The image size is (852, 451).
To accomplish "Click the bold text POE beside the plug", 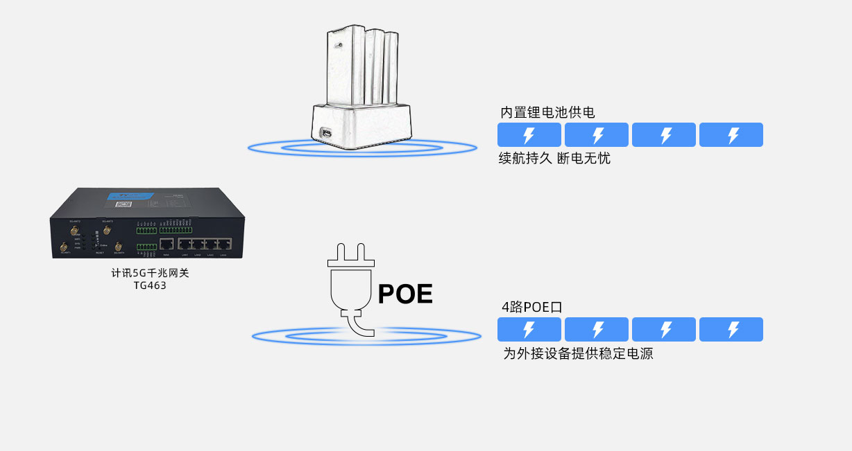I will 405,294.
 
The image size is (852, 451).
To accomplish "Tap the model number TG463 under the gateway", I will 150,285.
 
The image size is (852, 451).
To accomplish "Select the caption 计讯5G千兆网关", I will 150,273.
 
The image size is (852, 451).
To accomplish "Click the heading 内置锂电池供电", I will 547,113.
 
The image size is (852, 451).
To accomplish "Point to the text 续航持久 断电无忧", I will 554,159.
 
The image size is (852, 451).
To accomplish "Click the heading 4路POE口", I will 531,308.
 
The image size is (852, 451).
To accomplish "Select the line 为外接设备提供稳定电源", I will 578,354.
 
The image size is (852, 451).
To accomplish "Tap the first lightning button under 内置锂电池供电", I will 529,135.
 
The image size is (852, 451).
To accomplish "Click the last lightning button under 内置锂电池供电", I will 731,135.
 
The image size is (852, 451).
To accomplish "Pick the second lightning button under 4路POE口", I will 596,330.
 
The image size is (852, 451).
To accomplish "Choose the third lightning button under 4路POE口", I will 663,330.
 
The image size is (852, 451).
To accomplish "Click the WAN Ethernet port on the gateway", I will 167,244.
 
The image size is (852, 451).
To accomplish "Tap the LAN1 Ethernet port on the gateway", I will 185,244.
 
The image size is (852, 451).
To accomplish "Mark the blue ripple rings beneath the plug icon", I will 366,337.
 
